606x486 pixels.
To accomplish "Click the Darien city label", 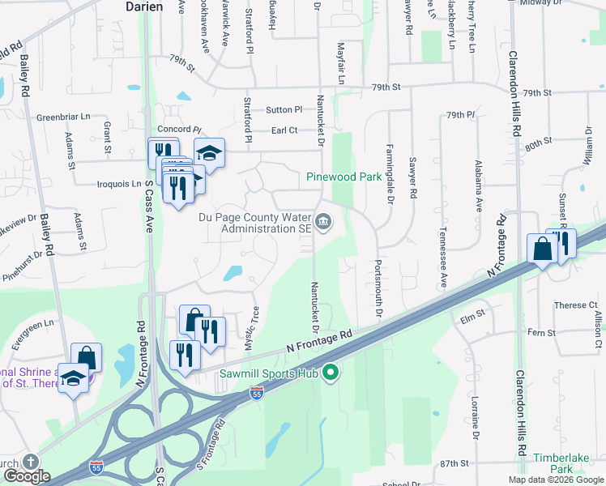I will click(144, 6).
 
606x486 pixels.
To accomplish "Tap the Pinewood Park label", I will click(344, 177).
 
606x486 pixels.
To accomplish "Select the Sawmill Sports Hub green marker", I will click(330, 373).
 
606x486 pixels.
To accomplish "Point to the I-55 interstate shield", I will click(256, 393).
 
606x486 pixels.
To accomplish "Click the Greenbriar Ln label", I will click(63, 117).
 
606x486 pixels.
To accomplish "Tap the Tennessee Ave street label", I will click(444, 257).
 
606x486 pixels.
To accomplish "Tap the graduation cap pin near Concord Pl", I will click(210, 154).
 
